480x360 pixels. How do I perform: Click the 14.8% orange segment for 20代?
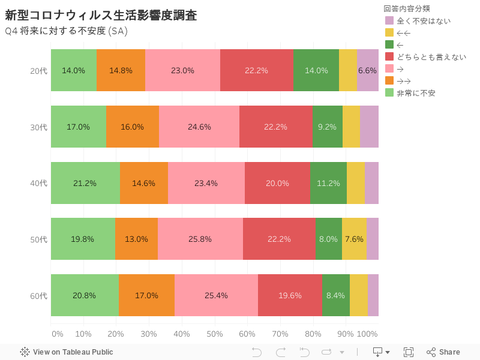pyautogui.click(x=121, y=70)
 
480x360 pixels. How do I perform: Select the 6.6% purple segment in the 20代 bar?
pyautogui.click(x=367, y=70)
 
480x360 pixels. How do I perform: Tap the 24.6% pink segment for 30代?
pyautogui.click(x=199, y=127)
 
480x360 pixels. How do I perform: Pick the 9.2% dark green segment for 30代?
pyautogui.click(x=328, y=127)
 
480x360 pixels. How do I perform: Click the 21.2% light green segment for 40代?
pyautogui.click(x=85, y=183)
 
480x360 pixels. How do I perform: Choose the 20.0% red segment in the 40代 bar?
pyautogui.click(x=277, y=183)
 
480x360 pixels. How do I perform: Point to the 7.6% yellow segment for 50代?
pyautogui.click(x=354, y=239)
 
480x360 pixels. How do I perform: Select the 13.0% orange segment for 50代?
pyautogui.click(x=136, y=239)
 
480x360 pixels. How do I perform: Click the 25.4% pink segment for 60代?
pyautogui.click(x=216, y=295)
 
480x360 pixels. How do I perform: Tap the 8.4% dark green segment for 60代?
pyautogui.click(x=336, y=295)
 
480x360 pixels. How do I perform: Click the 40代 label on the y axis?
pyautogui.click(x=38, y=183)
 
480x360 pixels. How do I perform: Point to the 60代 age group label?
pyautogui.click(x=38, y=295)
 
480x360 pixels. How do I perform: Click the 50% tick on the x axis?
pyautogui.click(x=215, y=334)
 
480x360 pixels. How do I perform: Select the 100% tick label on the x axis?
pyautogui.click(x=367, y=334)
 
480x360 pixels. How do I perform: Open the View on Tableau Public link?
pyautogui.click(x=67, y=352)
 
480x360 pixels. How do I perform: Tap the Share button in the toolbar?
pyautogui.click(x=443, y=352)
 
